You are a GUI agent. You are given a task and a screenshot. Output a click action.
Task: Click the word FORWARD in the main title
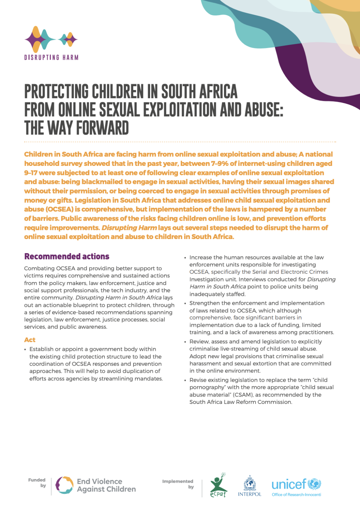pos(101,128)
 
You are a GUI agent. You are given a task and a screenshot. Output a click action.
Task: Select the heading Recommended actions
pos(67,257)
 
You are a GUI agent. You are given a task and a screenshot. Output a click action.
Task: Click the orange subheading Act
pos(30,340)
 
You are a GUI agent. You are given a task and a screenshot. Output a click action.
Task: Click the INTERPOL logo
pos(250,486)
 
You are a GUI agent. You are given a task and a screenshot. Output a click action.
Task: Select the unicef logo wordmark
pos(289,484)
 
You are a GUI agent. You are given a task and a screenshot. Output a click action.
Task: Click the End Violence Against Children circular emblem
pos(64,485)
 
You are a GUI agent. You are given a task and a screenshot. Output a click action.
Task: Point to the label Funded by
pos(37,483)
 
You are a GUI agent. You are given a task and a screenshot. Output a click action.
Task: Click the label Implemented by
pos(178,484)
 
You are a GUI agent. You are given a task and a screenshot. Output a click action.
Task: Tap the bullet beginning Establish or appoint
pos(25,349)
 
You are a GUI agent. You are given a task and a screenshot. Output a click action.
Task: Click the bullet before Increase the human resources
pos(185,258)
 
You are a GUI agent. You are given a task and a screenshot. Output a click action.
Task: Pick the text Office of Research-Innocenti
pos(296,495)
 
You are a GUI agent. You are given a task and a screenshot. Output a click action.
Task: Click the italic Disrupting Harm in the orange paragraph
pos(129,228)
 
